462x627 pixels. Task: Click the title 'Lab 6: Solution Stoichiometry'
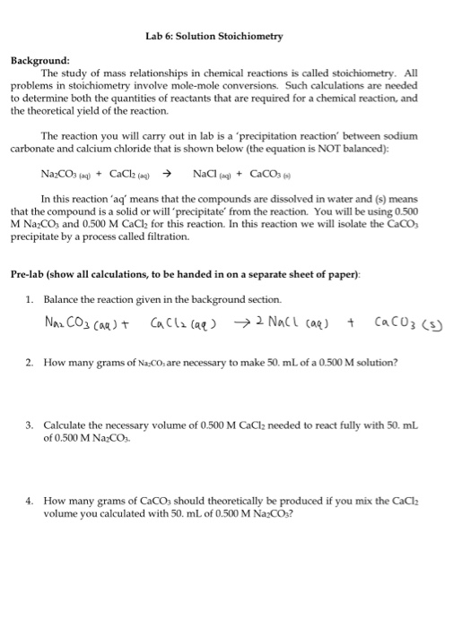(213, 37)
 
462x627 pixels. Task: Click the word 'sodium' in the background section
(400, 137)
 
